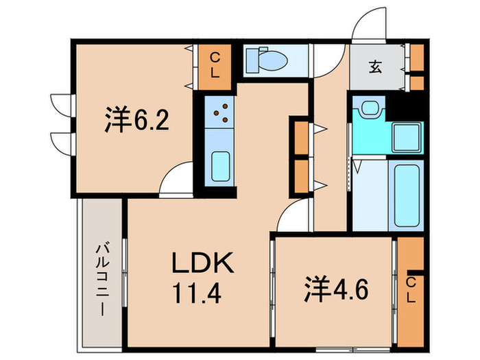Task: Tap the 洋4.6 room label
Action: coord(337,289)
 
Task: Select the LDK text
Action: coord(203,263)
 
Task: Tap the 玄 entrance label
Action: coord(376,67)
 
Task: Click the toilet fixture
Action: coord(267,60)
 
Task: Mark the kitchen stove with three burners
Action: coord(221,113)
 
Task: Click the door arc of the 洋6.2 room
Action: coord(174,180)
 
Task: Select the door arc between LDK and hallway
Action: coord(293,219)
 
